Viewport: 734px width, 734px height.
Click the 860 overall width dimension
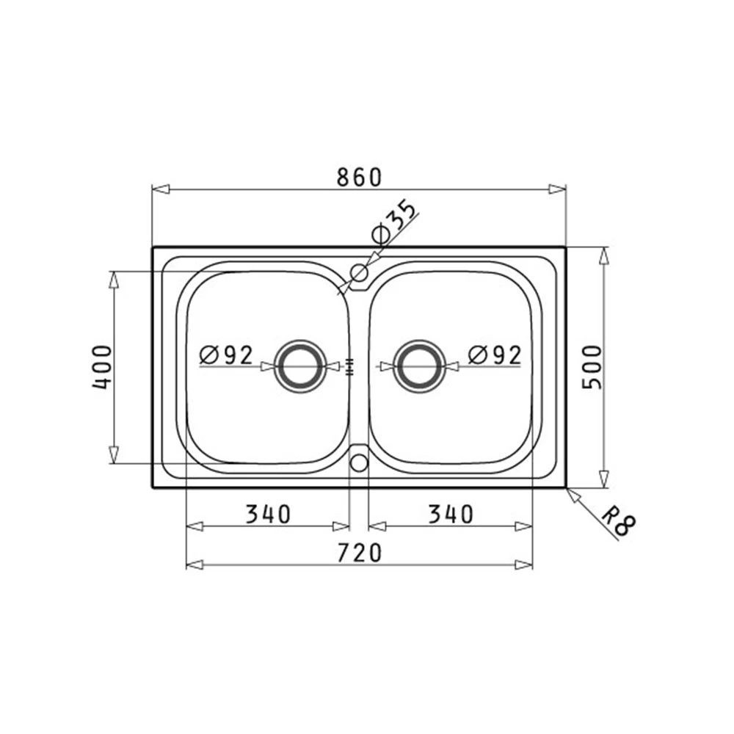(360, 177)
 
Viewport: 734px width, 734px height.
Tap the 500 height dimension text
(592, 367)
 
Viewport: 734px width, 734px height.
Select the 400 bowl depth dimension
(102, 368)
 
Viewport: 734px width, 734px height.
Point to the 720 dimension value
(360, 553)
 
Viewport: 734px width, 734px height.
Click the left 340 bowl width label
(268, 515)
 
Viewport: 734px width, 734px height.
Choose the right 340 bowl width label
(451, 515)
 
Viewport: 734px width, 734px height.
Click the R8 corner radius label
(619, 524)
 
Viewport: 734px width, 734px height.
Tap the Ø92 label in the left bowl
(226, 355)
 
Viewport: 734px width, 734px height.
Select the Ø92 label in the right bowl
(495, 355)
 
